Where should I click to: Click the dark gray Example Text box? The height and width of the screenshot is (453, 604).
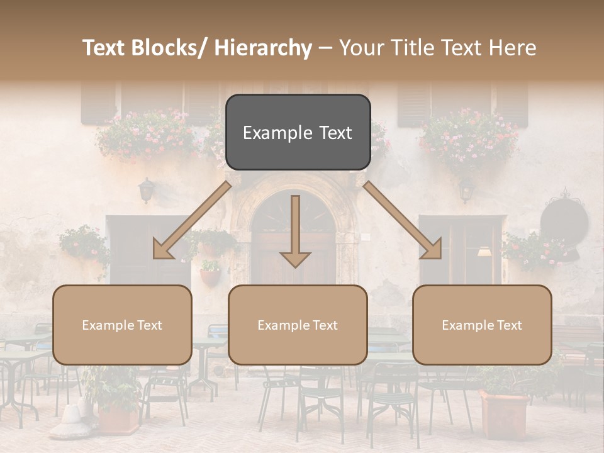[x=298, y=132]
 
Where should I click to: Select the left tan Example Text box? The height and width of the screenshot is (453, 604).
[x=122, y=325]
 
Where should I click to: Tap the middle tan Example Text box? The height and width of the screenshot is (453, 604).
[x=298, y=325]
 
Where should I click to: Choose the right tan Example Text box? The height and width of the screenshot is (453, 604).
[x=482, y=325]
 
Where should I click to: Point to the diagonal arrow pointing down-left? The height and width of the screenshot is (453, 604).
[x=191, y=221]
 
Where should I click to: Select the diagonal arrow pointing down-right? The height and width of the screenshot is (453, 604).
[x=403, y=221]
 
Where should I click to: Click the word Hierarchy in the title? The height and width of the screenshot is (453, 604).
[x=263, y=48]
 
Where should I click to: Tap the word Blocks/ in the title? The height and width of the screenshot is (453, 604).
[x=166, y=48]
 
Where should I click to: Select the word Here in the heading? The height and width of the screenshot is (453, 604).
[x=512, y=48]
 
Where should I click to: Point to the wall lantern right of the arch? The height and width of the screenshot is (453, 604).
[x=466, y=189]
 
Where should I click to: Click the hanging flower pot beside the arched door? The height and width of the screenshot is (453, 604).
[x=211, y=276]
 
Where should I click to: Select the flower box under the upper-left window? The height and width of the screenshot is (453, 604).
[x=146, y=135]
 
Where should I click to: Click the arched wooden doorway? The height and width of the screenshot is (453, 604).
[x=293, y=239]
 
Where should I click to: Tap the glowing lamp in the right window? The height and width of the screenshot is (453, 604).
[x=484, y=252]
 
